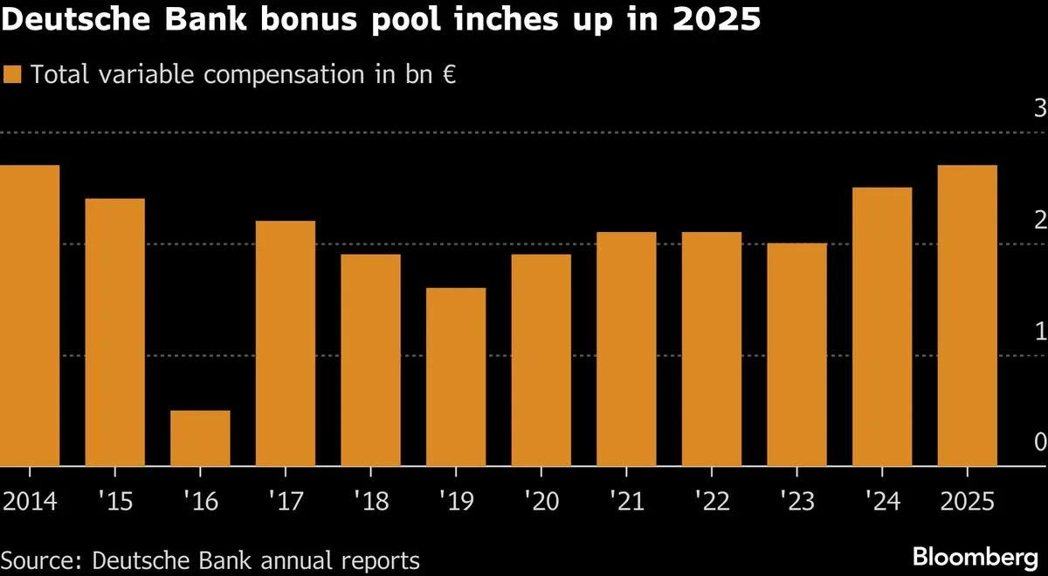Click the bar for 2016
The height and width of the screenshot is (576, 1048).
(x=200, y=438)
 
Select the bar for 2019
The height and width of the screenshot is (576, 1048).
(x=456, y=377)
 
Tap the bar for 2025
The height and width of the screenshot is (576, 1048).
(x=967, y=315)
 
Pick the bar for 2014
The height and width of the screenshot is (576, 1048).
(x=30, y=315)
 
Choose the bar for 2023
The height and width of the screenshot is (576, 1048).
(x=796, y=354)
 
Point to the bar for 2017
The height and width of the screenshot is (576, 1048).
(x=286, y=343)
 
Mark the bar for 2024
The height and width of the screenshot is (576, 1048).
(x=882, y=326)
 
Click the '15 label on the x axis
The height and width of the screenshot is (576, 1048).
(x=114, y=502)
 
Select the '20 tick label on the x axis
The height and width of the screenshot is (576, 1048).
(x=541, y=502)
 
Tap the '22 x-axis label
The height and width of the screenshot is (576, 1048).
(x=711, y=502)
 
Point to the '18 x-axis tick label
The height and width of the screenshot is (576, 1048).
(x=370, y=502)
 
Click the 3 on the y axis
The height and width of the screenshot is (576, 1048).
(x=1039, y=109)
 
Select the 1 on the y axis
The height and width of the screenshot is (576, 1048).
(x=1039, y=332)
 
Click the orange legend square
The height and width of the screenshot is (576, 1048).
(x=12, y=74)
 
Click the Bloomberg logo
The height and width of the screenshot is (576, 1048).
(x=974, y=556)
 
